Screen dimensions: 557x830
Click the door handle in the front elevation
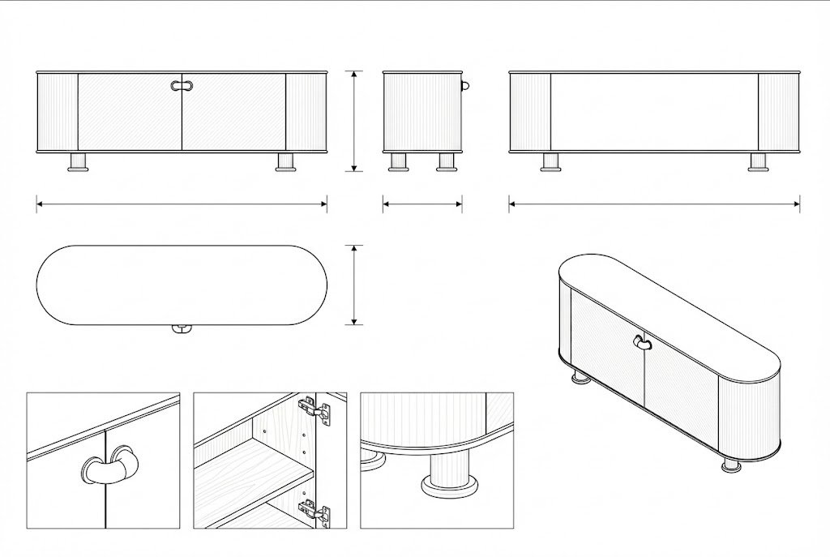point(182,85)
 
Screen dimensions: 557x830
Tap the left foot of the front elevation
point(79,162)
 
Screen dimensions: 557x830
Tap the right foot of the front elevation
point(285,162)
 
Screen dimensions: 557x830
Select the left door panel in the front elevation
point(130,114)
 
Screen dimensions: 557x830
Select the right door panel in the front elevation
point(233,114)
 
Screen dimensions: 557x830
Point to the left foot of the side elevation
point(398,162)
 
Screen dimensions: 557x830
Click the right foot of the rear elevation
point(758,162)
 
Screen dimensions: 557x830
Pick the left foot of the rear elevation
point(550,162)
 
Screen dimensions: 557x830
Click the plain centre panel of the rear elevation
point(654,112)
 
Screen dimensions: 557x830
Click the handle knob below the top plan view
point(181,329)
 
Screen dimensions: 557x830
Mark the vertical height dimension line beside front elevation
point(353,121)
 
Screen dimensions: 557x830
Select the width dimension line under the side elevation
point(422,204)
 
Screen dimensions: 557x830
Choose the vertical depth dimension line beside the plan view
point(353,285)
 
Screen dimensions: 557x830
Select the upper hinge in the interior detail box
point(318,411)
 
